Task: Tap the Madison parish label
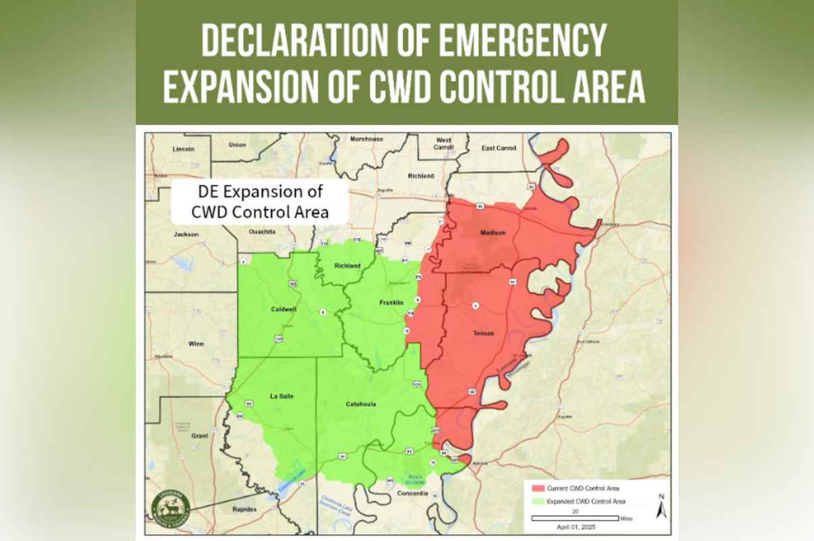492,233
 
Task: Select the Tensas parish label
483,333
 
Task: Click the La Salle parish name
282,396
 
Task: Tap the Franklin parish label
391,302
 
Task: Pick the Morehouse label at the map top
367,139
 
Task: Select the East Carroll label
499,148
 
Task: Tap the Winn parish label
196,344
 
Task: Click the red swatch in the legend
538,488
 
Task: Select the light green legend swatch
538,501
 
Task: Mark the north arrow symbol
661,506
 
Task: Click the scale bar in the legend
575,518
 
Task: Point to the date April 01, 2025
576,526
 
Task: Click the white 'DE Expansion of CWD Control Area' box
260,201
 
